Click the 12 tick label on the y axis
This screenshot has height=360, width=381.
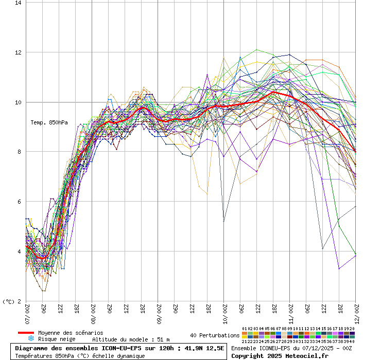pos(18,52)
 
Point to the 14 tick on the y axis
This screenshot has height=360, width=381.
pos(18,3)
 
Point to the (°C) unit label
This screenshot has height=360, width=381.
pos(9,301)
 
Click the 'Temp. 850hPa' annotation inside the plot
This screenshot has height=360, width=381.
pos(49,122)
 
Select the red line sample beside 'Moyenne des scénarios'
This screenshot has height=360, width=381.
pos(26,333)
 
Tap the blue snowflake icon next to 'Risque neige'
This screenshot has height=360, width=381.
pos(30,338)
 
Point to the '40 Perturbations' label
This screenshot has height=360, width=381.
pos(215,335)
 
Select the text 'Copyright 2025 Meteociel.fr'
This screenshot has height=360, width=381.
pos(280,355)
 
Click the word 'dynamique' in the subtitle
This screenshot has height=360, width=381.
pos(129,356)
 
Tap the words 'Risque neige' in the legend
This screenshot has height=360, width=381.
pos(57,339)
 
